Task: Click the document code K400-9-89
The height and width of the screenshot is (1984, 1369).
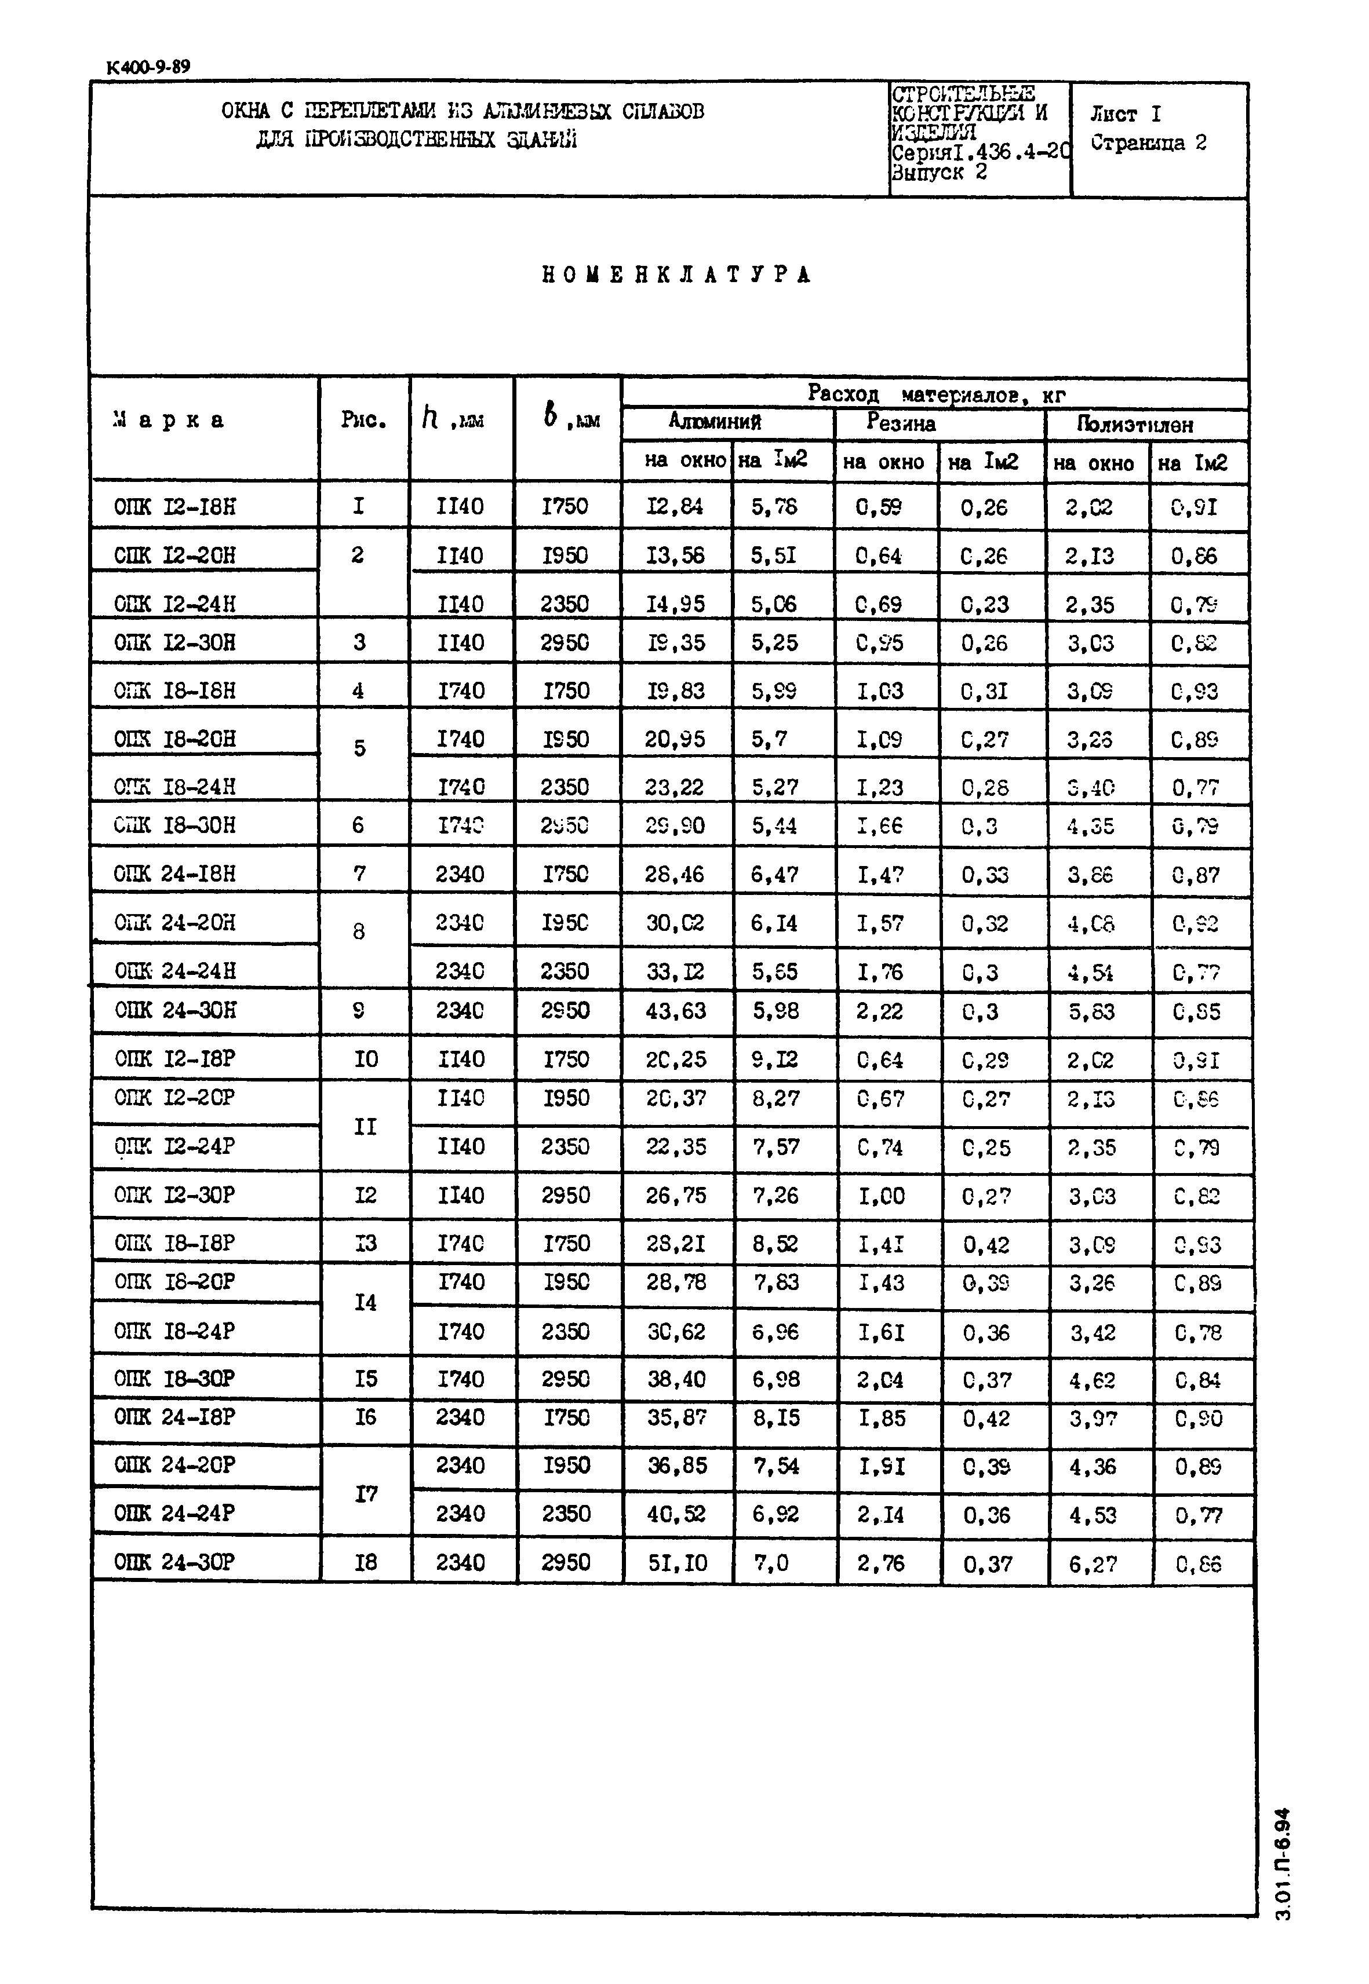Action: [x=148, y=67]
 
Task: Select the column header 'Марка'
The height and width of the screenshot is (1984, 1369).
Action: [x=169, y=420]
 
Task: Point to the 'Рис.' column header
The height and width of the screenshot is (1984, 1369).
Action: [x=363, y=420]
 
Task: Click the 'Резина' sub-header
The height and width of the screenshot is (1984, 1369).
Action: [x=901, y=423]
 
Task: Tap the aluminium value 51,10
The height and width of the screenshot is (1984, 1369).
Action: [x=678, y=1563]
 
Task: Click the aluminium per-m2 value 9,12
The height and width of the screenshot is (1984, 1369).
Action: [x=774, y=1059]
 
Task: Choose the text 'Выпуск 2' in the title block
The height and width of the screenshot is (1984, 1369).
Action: [x=940, y=173]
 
